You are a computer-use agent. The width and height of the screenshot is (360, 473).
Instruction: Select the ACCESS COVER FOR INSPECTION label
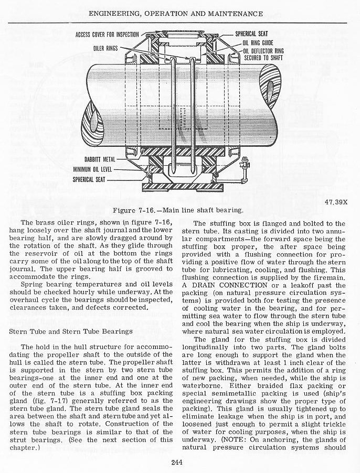click(x=107, y=35)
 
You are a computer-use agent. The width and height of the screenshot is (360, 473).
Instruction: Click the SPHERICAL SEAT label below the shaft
click(x=89, y=179)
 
